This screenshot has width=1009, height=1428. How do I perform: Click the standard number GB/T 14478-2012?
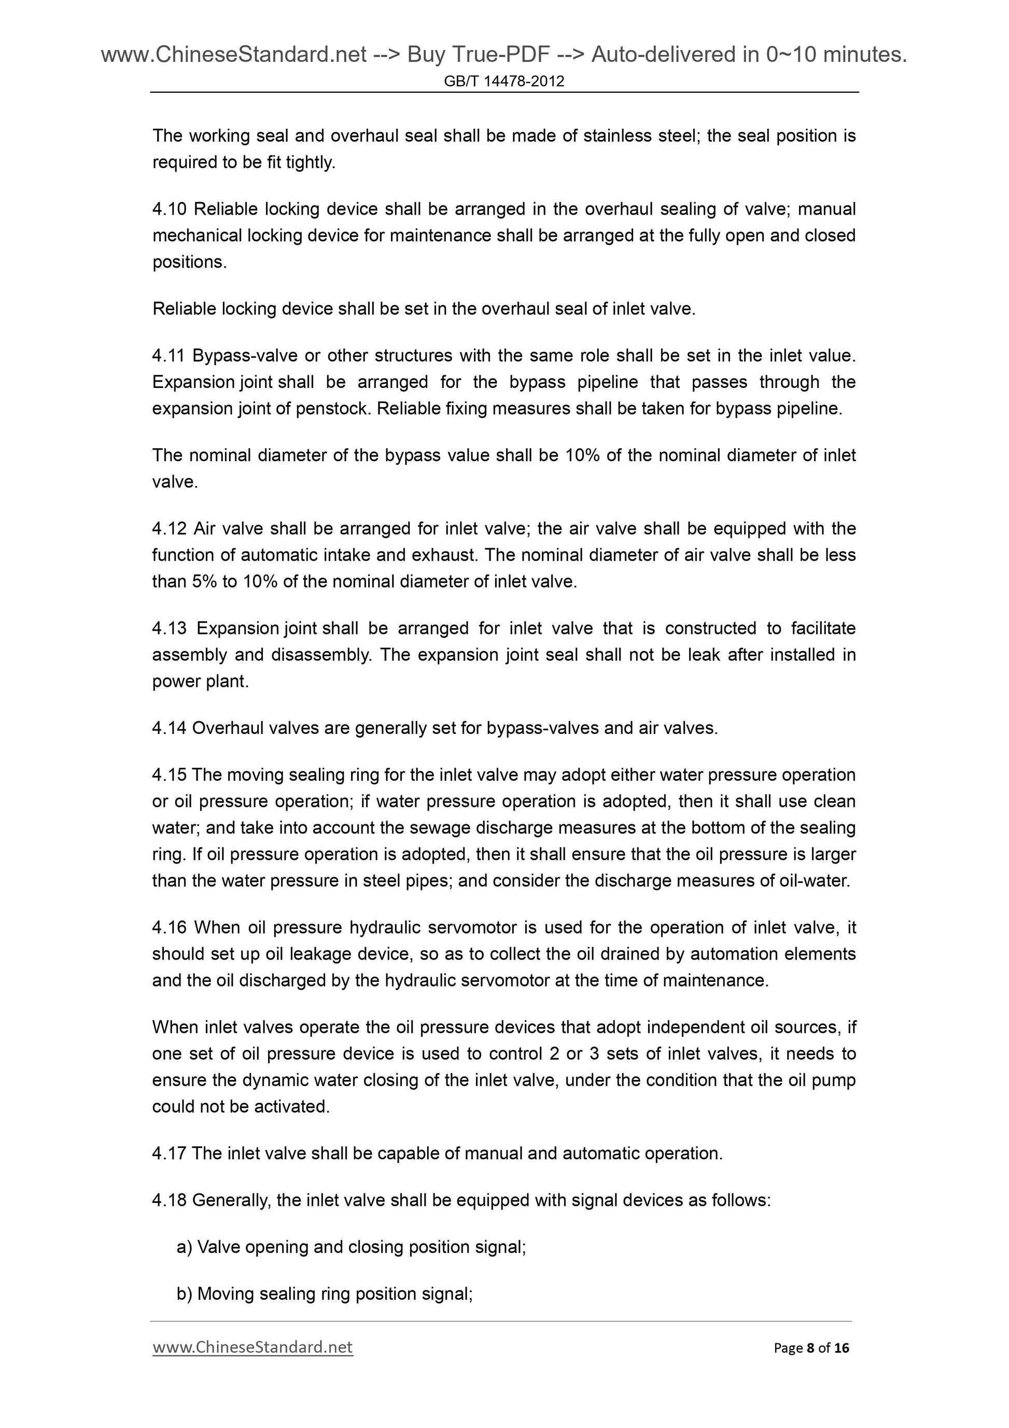tap(504, 81)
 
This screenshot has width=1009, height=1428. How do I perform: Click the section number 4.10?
tap(169, 209)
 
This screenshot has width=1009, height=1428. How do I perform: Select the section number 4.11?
tap(169, 356)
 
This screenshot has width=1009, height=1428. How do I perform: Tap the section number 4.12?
tap(169, 529)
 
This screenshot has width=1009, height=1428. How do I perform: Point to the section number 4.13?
tap(169, 628)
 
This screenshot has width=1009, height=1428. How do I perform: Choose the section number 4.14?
tap(169, 728)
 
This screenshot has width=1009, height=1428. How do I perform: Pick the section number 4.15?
tap(169, 775)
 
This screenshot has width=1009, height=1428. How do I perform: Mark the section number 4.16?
tap(169, 927)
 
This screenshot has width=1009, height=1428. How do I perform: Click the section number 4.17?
tap(169, 1154)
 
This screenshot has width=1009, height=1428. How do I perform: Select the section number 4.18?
tap(169, 1200)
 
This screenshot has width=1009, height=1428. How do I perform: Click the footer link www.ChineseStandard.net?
tap(253, 1347)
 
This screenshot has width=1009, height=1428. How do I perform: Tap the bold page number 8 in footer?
tap(810, 1348)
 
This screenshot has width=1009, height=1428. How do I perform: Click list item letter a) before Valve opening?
tap(185, 1247)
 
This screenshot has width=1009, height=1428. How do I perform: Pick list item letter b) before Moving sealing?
tap(185, 1294)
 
